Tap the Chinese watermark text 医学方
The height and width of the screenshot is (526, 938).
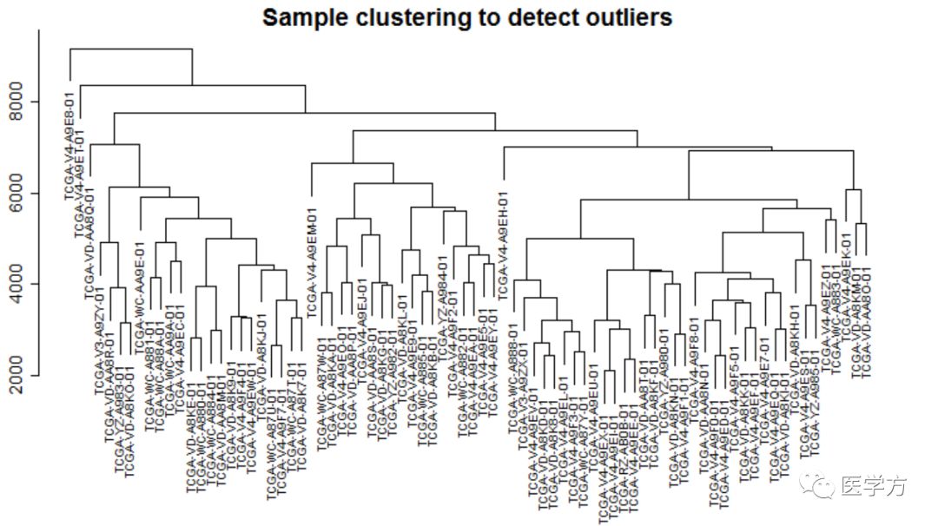click(x=874, y=487)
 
